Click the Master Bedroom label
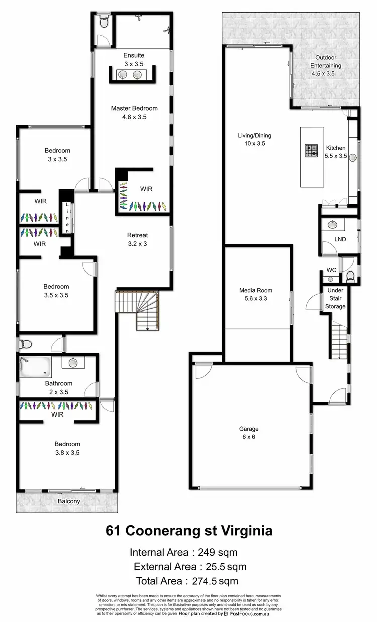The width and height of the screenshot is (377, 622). tap(134, 108)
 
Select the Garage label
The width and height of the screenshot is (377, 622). tap(249, 429)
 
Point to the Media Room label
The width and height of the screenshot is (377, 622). tap(256, 290)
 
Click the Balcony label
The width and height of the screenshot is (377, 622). tap(69, 501)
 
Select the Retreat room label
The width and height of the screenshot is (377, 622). tap(137, 235)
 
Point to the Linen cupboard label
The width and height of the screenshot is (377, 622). tap(67, 218)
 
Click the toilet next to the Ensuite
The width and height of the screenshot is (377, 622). tap(104, 21)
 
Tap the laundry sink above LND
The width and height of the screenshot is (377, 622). tap(332, 224)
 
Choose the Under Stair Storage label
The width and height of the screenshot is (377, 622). tap(335, 298)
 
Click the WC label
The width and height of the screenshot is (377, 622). tap(331, 270)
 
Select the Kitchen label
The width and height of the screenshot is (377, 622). tap(336, 148)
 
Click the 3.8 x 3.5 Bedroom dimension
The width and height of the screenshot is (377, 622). tap(67, 452)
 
